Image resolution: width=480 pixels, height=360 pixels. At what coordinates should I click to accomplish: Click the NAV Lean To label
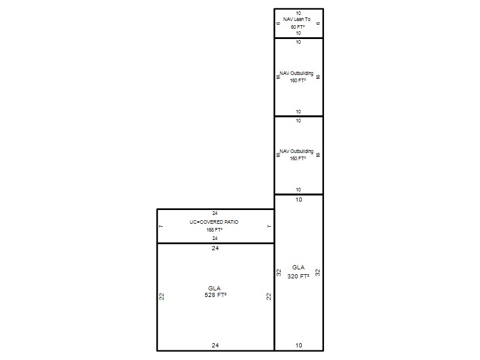pyautogui.click(x=296, y=19)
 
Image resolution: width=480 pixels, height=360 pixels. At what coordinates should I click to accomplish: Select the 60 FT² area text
pyautogui.click(x=298, y=27)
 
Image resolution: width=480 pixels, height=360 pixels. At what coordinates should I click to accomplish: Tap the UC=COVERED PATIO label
pyautogui.click(x=214, y=222)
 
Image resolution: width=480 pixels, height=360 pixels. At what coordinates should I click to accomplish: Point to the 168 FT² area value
pyautogui.click(x=214, y=230)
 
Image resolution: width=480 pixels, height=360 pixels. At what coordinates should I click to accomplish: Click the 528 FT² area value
pyautogui.click(x=215, y=295)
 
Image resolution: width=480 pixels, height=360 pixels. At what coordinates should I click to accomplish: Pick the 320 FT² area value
pyautogui.click(x=298, y=276)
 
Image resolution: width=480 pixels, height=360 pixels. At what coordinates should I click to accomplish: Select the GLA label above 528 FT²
pyautogui.click(x=214, y=289)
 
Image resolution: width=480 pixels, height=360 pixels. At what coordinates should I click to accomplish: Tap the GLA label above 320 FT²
pyautogui.click(x=298, y=267)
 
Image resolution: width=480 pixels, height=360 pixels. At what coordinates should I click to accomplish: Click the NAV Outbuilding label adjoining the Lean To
pyautogui.click(x=296, y=73)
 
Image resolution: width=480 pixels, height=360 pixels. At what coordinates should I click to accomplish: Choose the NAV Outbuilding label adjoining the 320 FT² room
pyautogui.click(x=296, y=151)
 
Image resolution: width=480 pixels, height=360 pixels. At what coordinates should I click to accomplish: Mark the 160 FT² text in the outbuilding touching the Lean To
pyautogui.click(x=298, y=80)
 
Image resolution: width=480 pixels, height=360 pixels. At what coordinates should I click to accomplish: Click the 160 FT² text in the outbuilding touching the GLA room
pyautogui.click(x=298, y=158)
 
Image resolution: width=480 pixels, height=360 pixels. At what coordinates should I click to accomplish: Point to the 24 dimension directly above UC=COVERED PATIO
pyautogui.click(x=215, y=213)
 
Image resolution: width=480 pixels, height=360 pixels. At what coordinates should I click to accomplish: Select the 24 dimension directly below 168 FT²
pyautogui.click(x=215, y=238)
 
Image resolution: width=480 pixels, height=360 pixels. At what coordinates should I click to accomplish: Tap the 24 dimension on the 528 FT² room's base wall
pyautogui.click(x=215, y=346)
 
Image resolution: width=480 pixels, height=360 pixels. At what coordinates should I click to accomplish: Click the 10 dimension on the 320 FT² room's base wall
pyautogui.click(x=299, y=346)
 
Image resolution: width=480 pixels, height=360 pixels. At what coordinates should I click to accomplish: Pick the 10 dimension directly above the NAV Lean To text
pyautogui.click(x=298, y=13)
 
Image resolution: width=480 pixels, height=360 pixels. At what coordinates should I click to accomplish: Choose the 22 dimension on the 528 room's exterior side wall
pyautogui.click(x=161, y=296)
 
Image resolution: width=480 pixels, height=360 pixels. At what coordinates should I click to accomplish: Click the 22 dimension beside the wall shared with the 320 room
pyautogui.click(x=268, y=296)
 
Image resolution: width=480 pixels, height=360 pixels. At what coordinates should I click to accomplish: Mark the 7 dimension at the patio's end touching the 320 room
pyautogui.click(x=269, y=227)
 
